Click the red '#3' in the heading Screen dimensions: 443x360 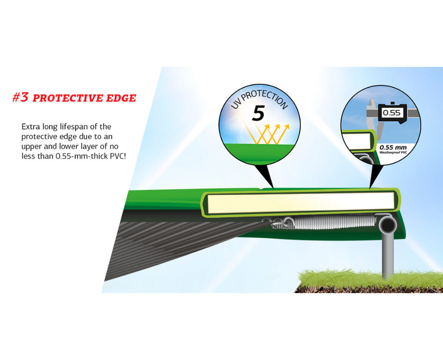[x=21, y=97]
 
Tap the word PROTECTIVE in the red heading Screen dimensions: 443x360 [x=68, y=98]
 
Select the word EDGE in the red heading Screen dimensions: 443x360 [x=121, y=98]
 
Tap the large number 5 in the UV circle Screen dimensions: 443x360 [x=258, y=113]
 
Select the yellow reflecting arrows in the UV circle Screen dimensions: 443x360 [x=266, y=133]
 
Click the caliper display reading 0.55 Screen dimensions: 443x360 [x=392, y=113]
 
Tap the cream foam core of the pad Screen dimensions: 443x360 [x=301, y=203]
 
